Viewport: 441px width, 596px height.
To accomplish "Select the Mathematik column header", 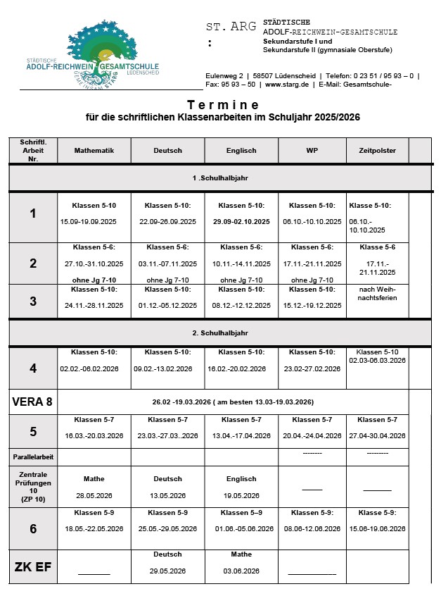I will click(x=94, y=150).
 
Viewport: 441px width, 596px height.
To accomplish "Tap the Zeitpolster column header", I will click(x=377, y=150).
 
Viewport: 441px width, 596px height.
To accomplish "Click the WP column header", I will click(x=312, y=150).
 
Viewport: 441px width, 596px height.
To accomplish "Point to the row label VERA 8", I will click(x=32, y=402).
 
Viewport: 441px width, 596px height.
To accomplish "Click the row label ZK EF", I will click(x=32, y=567).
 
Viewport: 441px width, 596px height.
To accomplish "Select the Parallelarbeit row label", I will click(x=32, y=457).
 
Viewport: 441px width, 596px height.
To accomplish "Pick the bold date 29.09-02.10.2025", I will click(x=241, y=221).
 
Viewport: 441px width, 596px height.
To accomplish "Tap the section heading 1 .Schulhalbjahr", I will click(x=219, y=178).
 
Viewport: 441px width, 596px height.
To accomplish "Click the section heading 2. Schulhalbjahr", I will click(x=219, y=333).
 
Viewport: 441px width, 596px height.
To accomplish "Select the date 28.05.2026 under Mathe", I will click(x=94, y=495).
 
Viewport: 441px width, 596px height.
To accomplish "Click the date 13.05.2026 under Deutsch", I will click(x=167, y=495).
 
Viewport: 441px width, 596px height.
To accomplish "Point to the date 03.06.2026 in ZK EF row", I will click(x=241, y=571).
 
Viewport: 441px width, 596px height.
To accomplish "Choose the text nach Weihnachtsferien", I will click(x=378, y=293).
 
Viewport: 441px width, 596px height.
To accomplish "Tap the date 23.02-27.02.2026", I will click(x=312, y=368).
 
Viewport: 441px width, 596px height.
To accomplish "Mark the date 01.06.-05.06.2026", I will click(x=241, y=528).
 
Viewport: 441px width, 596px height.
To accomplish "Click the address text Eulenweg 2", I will click(x=224, y=75).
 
